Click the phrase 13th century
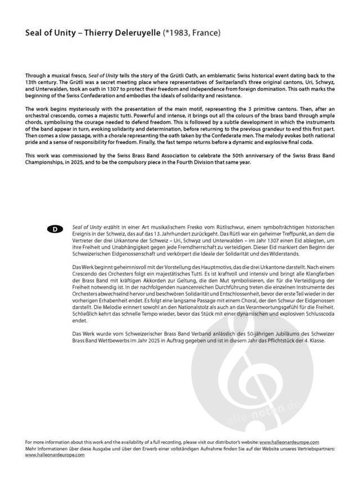(43, 82)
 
